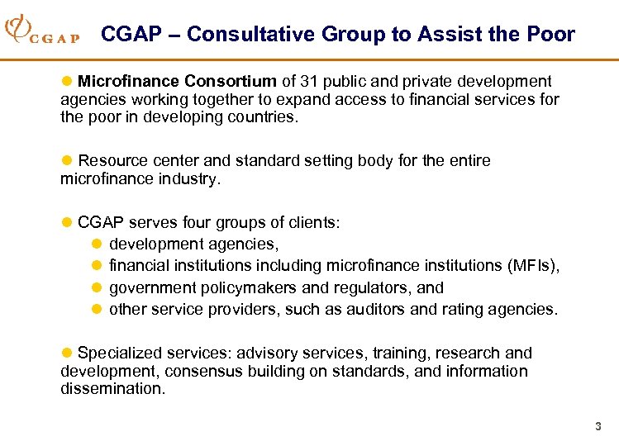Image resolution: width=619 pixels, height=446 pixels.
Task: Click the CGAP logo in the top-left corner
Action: [41, 32]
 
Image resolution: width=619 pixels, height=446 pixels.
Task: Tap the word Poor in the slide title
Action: [550, 35]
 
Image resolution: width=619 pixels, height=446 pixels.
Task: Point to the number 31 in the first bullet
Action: [311, 82]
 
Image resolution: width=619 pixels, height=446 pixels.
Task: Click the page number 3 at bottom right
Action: [598, 427]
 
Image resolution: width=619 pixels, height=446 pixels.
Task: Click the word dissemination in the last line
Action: [112, 389]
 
